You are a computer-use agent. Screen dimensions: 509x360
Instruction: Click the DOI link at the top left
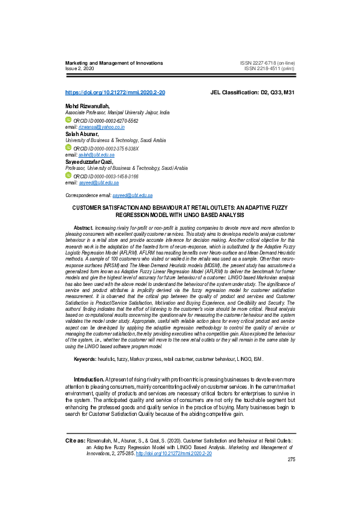pyautogui.click(x=115, y=92)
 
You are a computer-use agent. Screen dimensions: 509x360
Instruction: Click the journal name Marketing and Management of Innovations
pyautogui.click(x=114, y=63)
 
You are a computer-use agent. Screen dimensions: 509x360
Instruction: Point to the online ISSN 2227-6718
pyautogui.click(x=267, y=63)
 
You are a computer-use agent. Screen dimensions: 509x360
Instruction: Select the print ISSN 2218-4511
pyautogui.click(x=270, y=69)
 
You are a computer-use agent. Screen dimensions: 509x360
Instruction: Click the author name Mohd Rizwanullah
pyautogui.click(x=88, y=106)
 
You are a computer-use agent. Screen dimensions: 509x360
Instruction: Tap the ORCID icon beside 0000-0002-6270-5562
pyautogui.click(x=68, y=120)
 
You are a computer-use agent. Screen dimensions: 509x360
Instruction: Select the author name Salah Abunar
pyautogui.click(x=83, y=134)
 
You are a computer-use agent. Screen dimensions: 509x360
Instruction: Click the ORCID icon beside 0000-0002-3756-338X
pyautogui.click(x=68, y=148)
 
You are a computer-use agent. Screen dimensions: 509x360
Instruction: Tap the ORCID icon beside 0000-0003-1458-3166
pyautogui.click(x=68, y=175)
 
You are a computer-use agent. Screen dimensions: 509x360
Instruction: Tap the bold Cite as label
pyautogui.click(x=75, y=441)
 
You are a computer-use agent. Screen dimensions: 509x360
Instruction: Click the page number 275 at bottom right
pyautogui.click(x=291, y=459)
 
